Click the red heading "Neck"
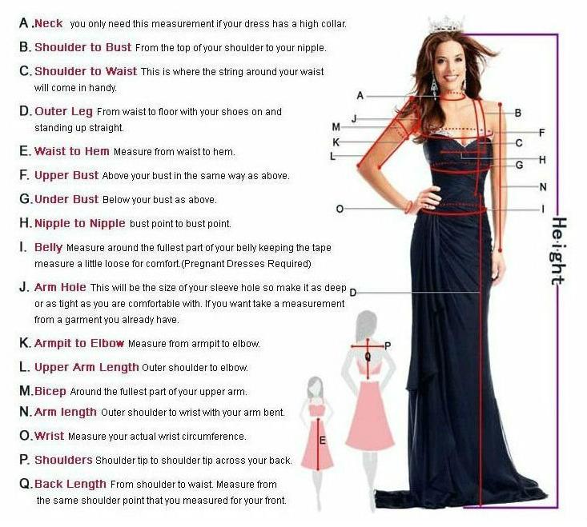pos(48,23)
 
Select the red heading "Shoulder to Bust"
pos(82,47)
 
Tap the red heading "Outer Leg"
pos(63,111)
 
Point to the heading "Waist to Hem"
pos(72,151)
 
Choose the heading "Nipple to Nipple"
pos(80,223)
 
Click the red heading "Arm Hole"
pos(60,287)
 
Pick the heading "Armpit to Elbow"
pos(79,343)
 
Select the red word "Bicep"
pos(50,391)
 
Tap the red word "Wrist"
pos(49,436)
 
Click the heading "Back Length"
pos(70,484)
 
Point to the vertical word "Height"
pos(558,251)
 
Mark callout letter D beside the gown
pos(352,293)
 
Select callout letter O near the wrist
pos(340,209)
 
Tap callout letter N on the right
pos(543,187)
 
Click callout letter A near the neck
pos(360,96)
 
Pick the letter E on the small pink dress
pos(323,441)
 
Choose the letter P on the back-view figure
pos(388,345)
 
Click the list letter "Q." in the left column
pos(26,484)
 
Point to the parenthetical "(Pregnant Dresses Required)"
pos(246,264)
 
